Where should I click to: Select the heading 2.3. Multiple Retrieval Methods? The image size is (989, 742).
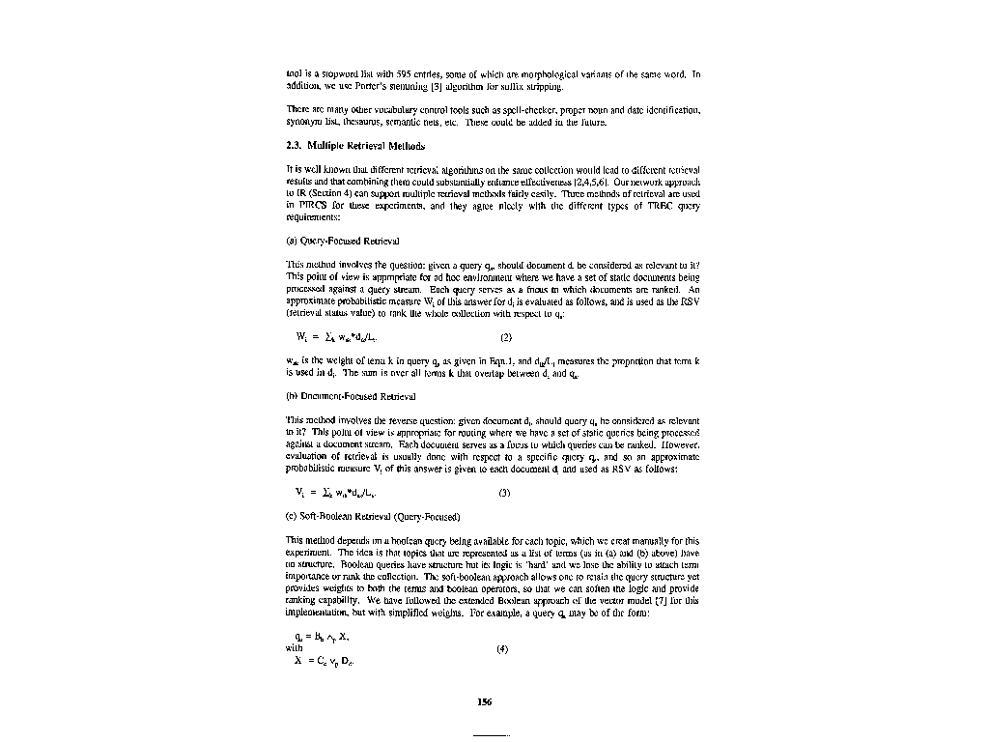click(x=355, y=147)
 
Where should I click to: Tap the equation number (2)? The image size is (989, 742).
click(x=505, y=338)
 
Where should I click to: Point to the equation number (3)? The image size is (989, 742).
click(x=504, y=493)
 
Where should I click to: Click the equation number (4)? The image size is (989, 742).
click(x=502, y=648)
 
